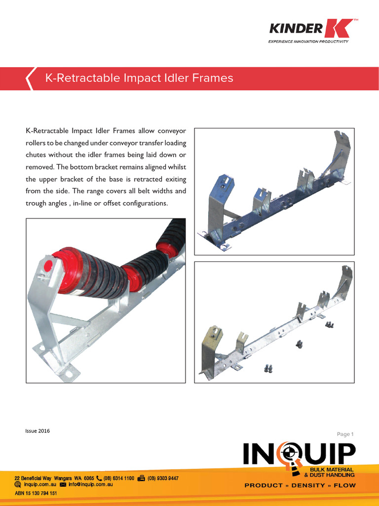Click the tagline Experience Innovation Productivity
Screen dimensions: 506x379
(308, 42)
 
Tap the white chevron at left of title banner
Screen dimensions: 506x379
(30, 79)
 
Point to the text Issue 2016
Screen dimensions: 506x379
(38, 430)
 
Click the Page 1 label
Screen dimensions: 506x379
(345, 434)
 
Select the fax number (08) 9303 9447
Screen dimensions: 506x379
(163, 478)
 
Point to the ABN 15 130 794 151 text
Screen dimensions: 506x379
(36, 493)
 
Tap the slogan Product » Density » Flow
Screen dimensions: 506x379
(300, 485)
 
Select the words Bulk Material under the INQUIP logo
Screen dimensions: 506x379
(331, 469)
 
